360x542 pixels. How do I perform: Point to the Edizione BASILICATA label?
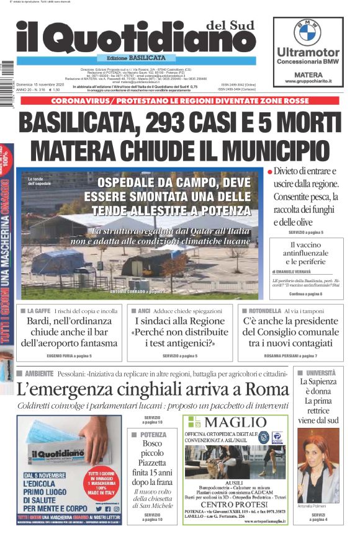[135, 58]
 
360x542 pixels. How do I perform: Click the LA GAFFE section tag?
[38, 310]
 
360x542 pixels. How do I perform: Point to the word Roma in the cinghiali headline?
[265, 389]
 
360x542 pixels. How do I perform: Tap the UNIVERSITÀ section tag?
[320, 373]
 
